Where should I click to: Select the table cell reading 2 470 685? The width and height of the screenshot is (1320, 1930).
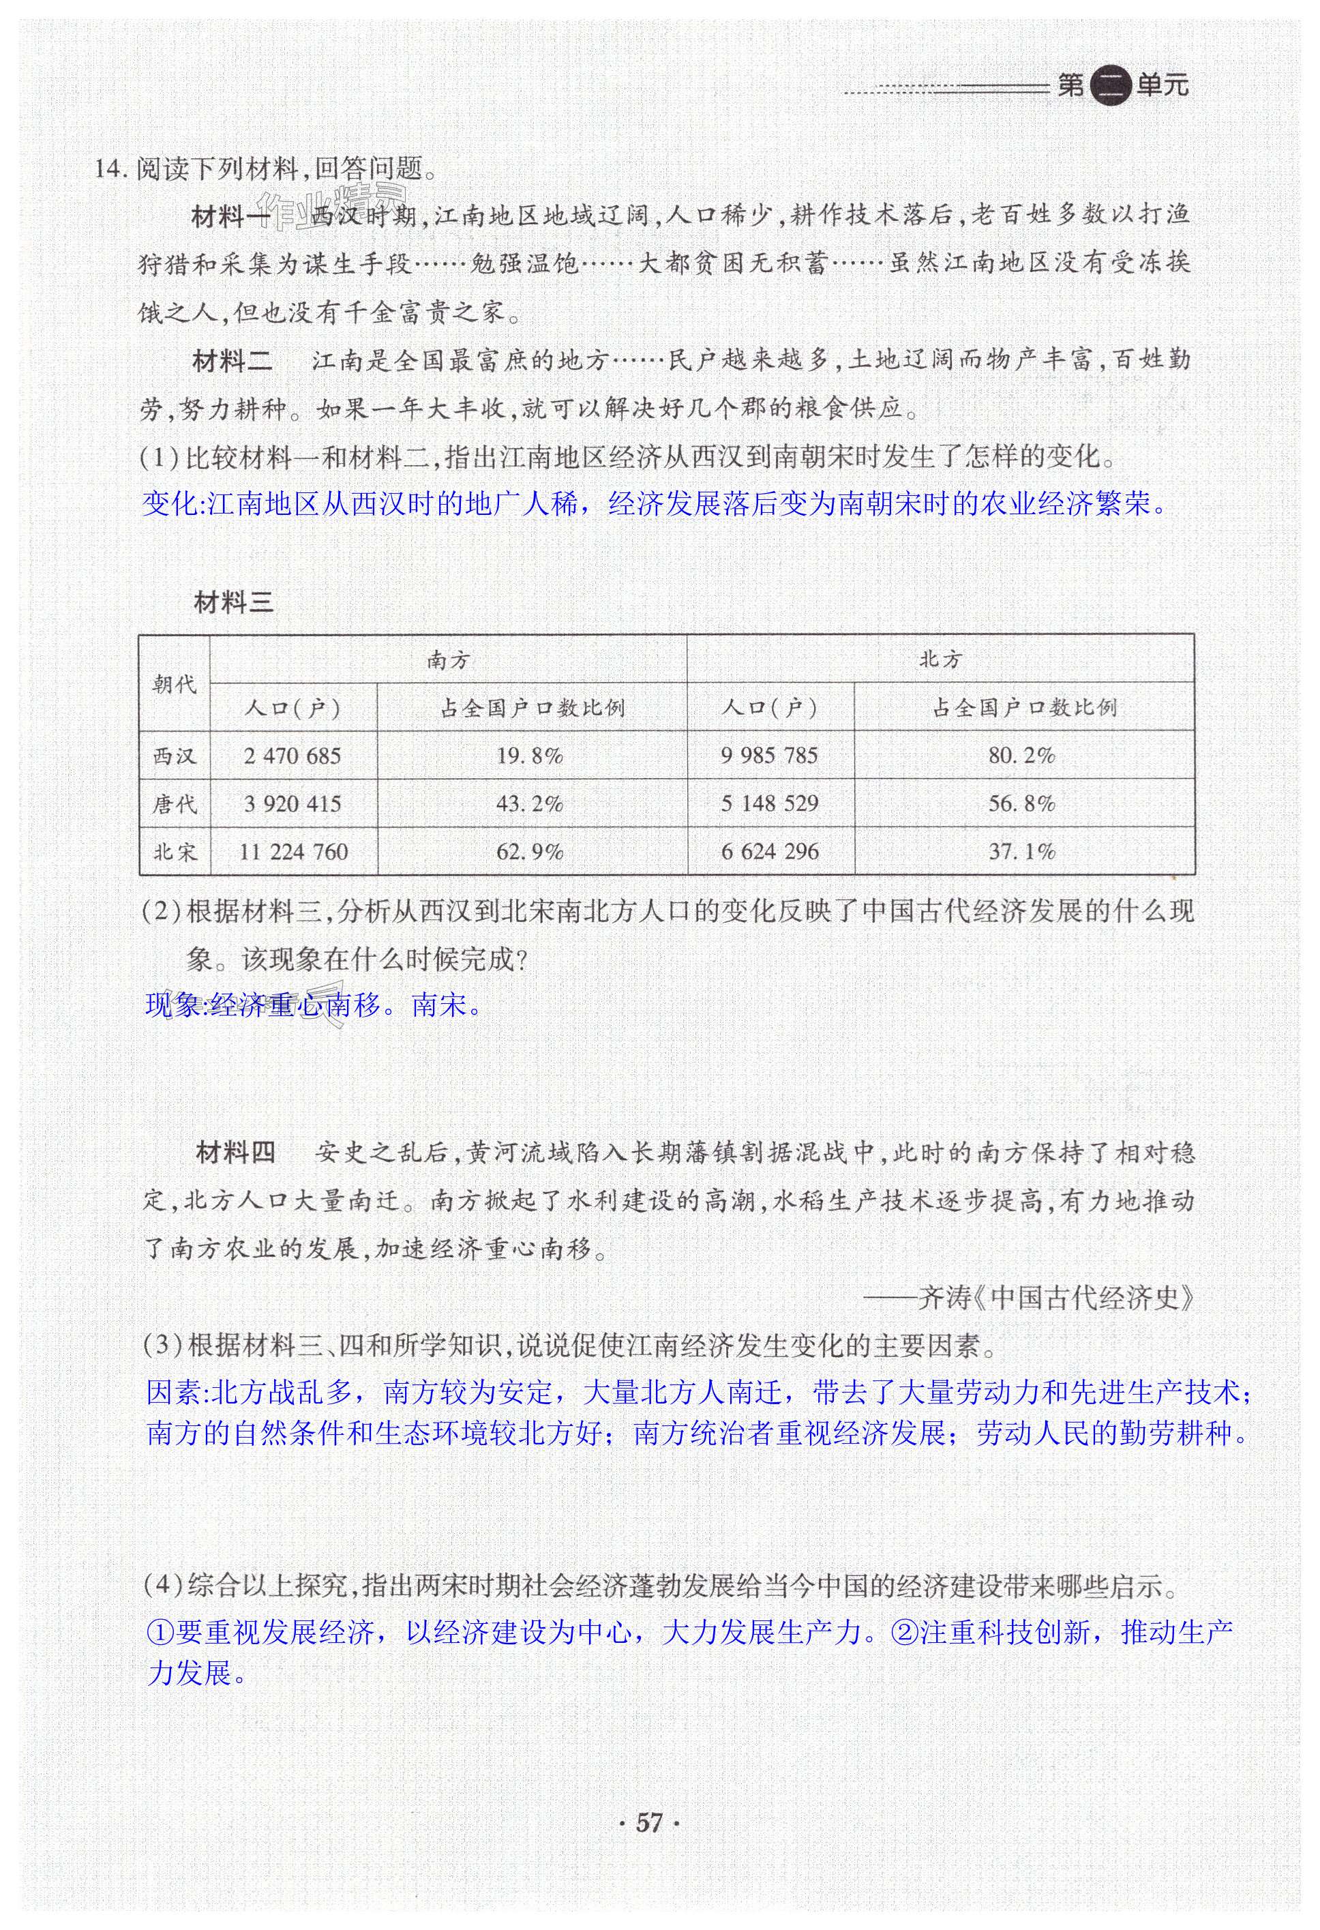pyautogui.click(x=292, y=756)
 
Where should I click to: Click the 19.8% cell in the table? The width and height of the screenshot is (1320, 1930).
pyautogui.click(x=530, y=756)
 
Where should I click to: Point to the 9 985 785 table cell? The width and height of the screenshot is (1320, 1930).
pyautogui.click(x=769, y=756)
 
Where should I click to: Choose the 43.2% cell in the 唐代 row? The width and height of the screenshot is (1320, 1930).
pyautogui.click(x=530, y=804)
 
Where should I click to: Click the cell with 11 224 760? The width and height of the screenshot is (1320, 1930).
pyautogui.click(x=292, y=852)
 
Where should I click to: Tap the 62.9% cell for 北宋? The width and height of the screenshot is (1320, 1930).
pyautogui.click(x=530, y=852)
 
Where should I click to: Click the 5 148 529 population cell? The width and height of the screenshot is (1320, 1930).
pyautogui.click(x=769, y=804)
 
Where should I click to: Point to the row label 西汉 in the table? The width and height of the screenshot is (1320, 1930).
pyautogui.click(x=175, y=756)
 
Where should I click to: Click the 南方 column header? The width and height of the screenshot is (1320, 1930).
pyautogui.click(x=449, y=660)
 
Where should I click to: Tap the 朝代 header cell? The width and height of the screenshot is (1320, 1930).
pyautogui.click(x=175, y=683)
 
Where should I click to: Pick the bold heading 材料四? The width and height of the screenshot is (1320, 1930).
pyautogui.click(x=235, y=1153)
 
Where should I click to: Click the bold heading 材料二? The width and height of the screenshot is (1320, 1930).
pyautogui.click(x=232, y=360)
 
